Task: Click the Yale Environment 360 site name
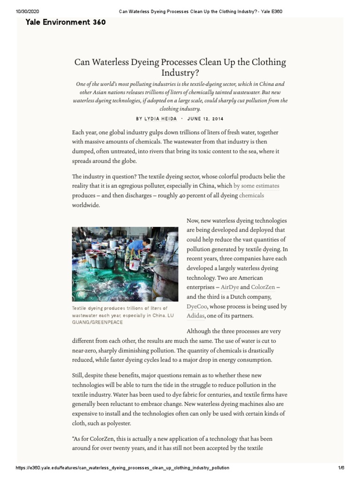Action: coord(66,22)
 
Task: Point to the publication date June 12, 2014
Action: coord(205,119)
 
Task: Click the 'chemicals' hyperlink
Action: coord(252,195)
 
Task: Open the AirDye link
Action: coord(230,287)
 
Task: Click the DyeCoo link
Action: coord(196,306)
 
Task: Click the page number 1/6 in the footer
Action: coord(341,468)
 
